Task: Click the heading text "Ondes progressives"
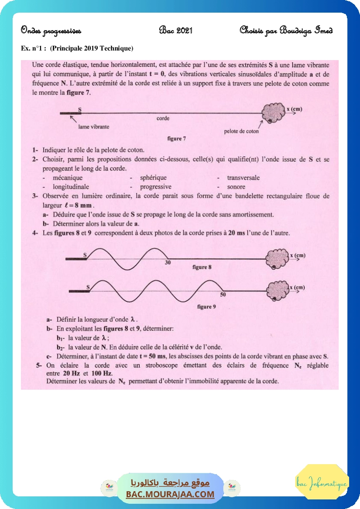[x=51, y=30]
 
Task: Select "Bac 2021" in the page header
[x=175, y=30]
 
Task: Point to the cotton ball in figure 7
[x=273, y=114]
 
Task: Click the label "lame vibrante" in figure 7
[x=94, y=127]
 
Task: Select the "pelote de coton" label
[x=241, y=131]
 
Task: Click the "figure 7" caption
[x=177, y=138]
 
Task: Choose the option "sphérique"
[x=153, y=178]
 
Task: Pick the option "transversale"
[x=243, y=178]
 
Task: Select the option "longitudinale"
[x=71, y=186]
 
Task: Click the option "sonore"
[x=236, y=186]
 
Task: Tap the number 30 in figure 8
[x=168, y=263]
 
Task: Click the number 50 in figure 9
[x=223, y=294]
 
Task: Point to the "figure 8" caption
[x=202, y=267]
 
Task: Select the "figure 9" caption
[x=207, y=307]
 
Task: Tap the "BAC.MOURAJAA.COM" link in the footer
[x=170, y=494]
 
